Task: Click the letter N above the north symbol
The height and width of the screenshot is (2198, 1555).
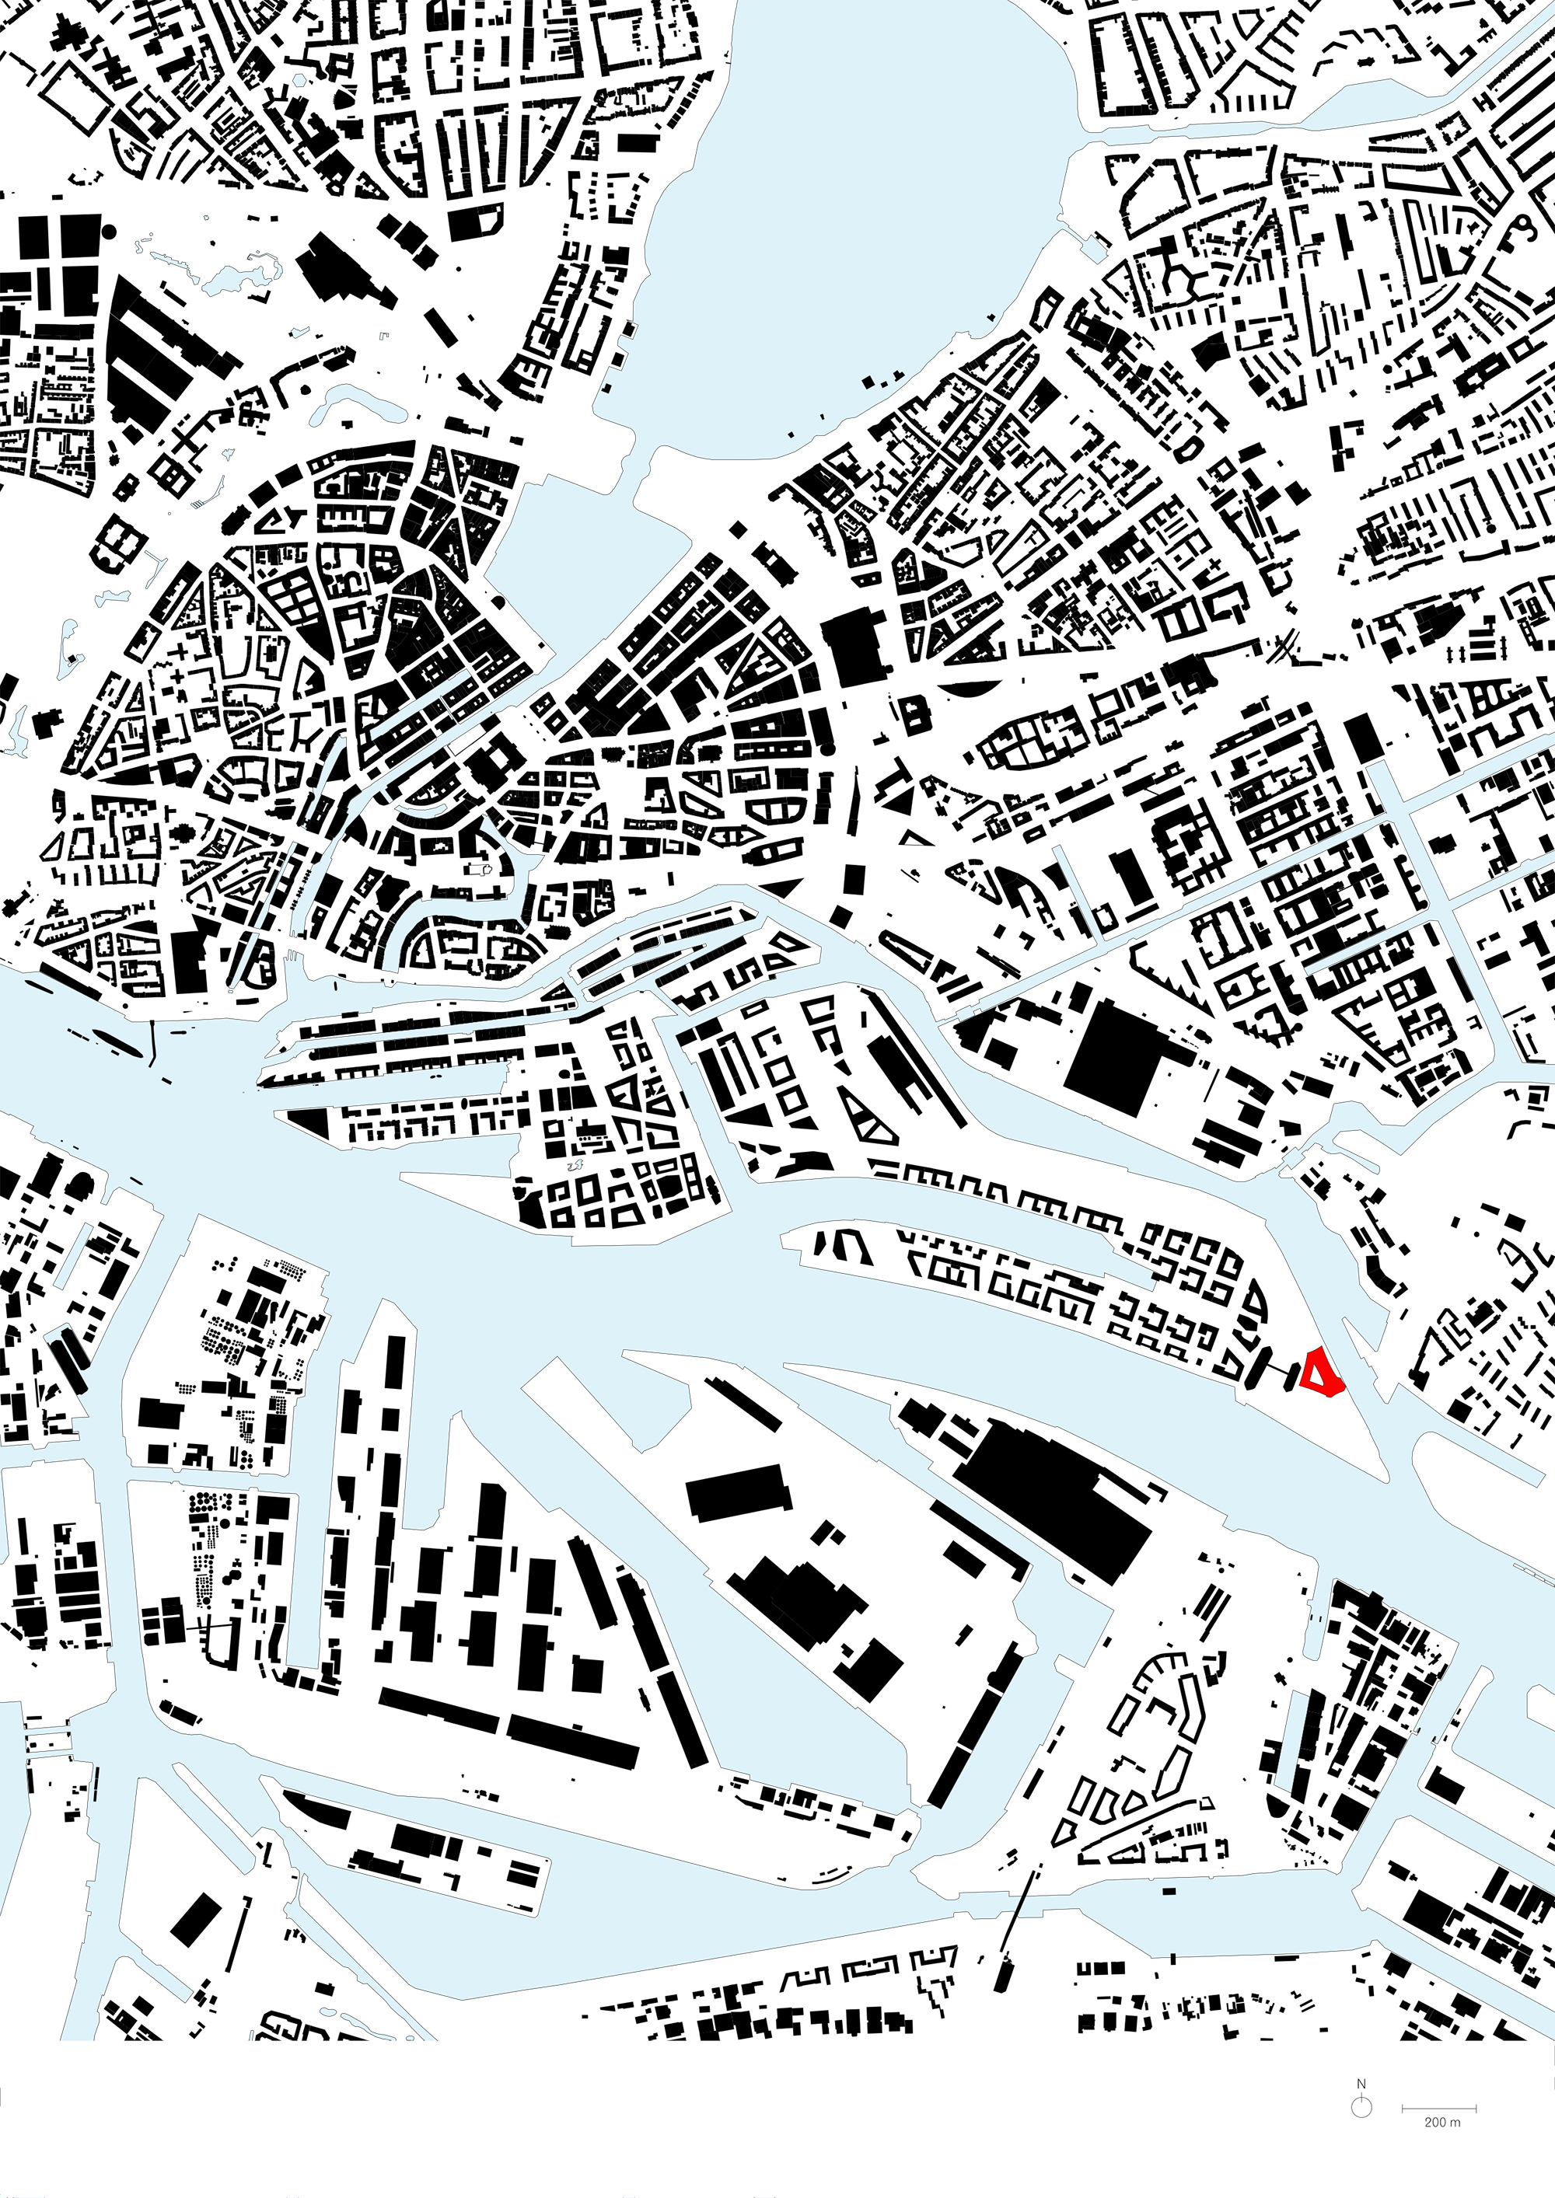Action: point(1361,2084)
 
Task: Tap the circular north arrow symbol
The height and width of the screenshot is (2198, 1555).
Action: point(1361,2108)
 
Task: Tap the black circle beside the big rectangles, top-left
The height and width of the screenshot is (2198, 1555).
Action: point(108,230)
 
